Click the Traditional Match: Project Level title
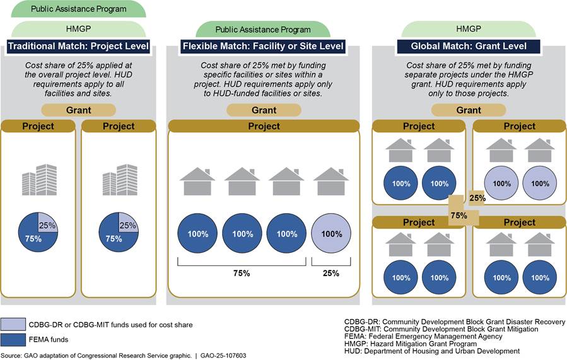click(79, 46)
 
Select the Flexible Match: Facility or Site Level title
click(264, 46)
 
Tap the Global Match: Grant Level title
click(469, 46)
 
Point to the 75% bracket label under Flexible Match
click(242, 273)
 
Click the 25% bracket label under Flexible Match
click(330, 273)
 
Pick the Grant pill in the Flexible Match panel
click(264, 110)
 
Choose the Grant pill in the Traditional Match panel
click(79, 110)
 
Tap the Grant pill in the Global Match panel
click(469, 110)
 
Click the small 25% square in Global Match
click(477, 198)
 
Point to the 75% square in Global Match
click(459, 214)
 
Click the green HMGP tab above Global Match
click(469, 28)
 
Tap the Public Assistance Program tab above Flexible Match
click(263, 29)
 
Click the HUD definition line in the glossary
click(432, 351)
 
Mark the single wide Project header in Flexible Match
click(264, 126)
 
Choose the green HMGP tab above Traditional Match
click(79, 28)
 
